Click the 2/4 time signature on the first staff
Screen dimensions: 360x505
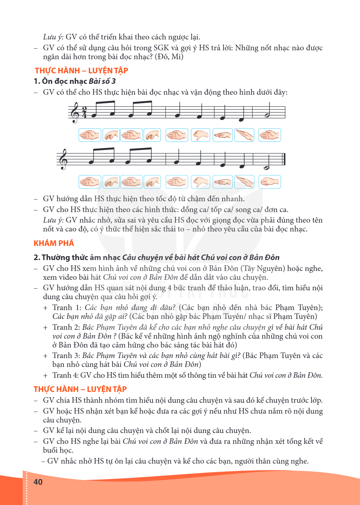click(x=84, y=112)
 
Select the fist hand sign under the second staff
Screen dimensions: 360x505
click(x=270, y=182)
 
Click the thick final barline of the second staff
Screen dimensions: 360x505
click(x=285, y=159)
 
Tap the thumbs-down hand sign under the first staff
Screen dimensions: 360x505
click(x=200, y=135)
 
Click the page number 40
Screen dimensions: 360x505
click(x=38, y=482)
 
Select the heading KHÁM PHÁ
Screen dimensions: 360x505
click(x=54, y=243)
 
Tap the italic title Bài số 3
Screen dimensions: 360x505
click(x=102, y=81)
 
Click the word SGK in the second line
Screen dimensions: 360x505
click(x=161, y=48)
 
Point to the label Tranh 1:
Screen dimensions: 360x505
click(x=67, y=307)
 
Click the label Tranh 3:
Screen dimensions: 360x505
click(x=66, y=355)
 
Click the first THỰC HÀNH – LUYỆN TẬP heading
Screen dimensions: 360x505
click(x=82, y=71)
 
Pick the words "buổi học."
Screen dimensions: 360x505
click(x=58, y=450)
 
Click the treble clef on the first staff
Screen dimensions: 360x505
click(x=75, y=112)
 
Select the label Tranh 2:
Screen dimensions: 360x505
click(x=66, y=327)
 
